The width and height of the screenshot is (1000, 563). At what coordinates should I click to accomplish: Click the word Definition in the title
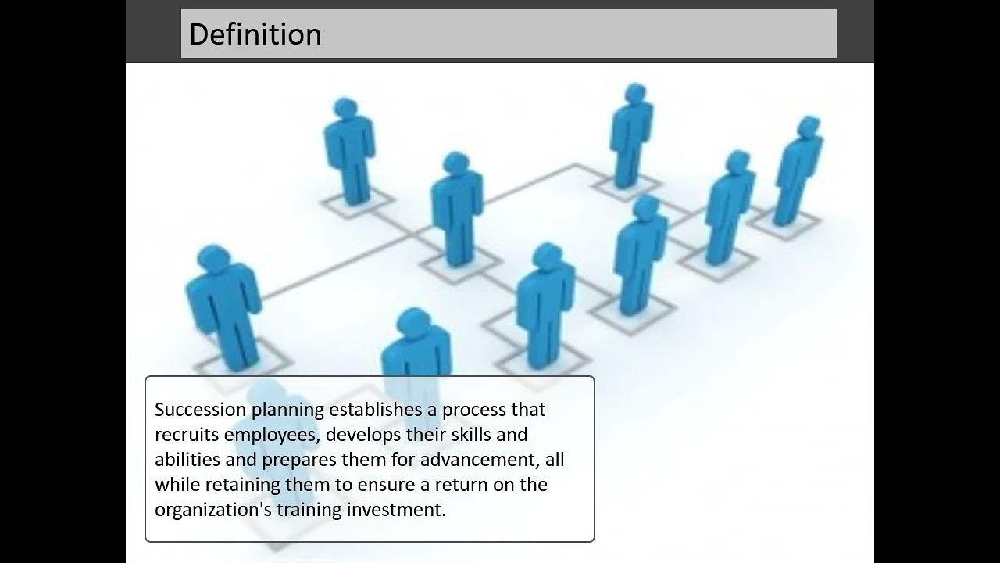click(x=255, y=34)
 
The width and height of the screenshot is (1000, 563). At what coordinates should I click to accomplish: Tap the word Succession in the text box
click(x=201, y=409)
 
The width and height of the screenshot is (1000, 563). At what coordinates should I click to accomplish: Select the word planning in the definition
click(x=287, y=411)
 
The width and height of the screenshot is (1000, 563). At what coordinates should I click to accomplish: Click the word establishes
click(x=376, y=409)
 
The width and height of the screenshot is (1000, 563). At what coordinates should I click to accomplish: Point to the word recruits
click(x=187, y=434)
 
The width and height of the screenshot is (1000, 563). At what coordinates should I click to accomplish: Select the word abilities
click(x=187, y=459)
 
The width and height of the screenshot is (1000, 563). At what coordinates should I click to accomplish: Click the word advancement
click(x=480, y=460)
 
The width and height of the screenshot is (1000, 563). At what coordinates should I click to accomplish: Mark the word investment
click(x=396, y=509)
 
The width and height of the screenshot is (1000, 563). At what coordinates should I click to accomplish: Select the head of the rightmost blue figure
click(x=809, y=126)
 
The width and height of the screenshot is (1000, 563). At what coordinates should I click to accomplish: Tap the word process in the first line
click(x=474, y=411)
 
